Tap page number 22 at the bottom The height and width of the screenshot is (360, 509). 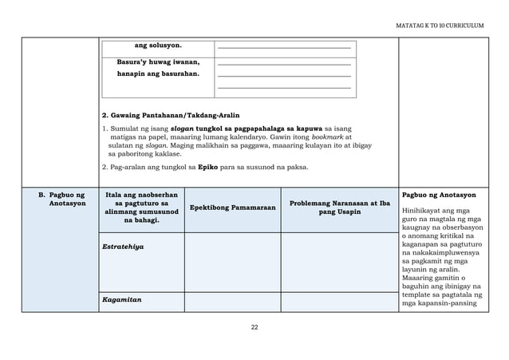coord(254,326)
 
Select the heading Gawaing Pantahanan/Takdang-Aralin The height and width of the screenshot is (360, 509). coord(171,115)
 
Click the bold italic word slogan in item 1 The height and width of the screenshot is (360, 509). coord(182,128)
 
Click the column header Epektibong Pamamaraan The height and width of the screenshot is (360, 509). coord(232,208)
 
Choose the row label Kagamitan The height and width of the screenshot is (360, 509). coord(120,302)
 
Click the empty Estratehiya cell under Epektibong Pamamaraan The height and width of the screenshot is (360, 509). coord(232,262)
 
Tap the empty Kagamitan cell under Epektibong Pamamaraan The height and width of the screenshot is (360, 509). coord(232,302)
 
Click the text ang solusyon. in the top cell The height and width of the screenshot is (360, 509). coord(158,45)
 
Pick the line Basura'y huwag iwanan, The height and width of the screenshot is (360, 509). coord(158,61)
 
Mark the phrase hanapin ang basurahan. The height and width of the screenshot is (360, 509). coord(158,73)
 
